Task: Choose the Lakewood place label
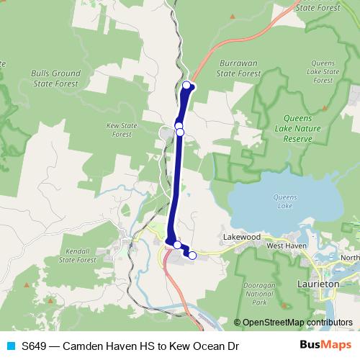(240, 236)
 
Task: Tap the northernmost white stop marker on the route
(187, 86)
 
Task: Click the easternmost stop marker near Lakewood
(192, 255)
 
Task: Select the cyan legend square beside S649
(10, 346)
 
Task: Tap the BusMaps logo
(328, 346)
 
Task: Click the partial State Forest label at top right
(318, 7)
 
